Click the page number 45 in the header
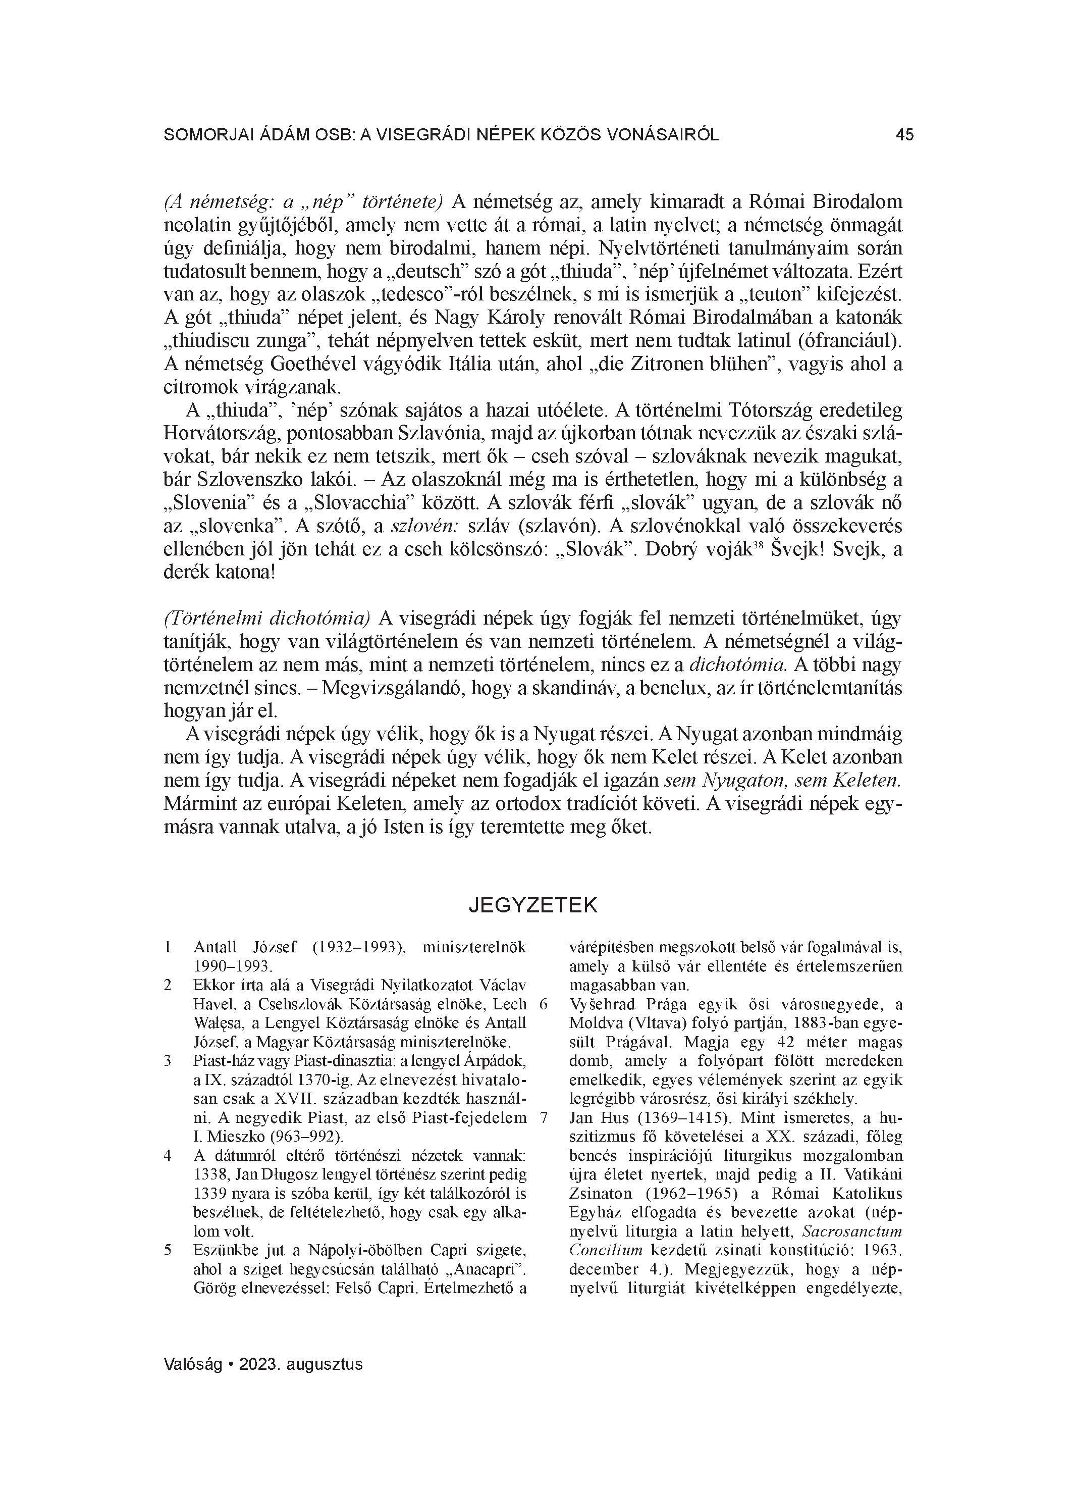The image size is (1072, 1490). [904, 135]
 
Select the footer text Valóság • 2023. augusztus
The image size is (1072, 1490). [263, 1364]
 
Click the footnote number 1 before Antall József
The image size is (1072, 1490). [168, 947]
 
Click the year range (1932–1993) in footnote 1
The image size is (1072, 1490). [355, 947]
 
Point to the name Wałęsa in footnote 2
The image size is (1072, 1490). [217, 1023]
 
